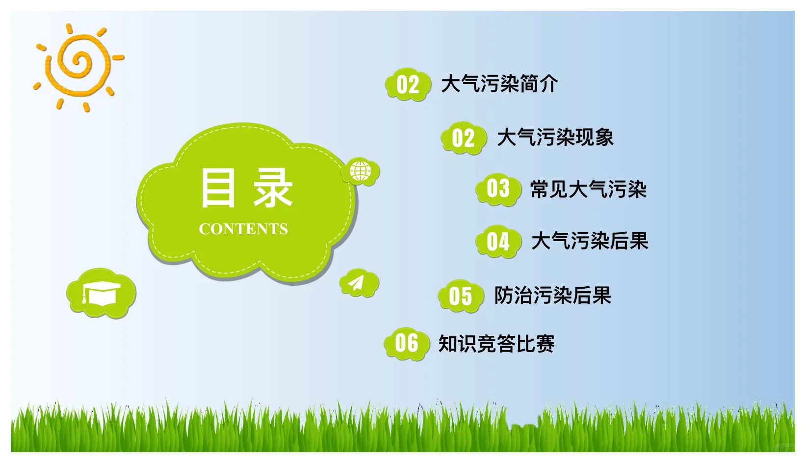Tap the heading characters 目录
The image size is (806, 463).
(x=246, y=188)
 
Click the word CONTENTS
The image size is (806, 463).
(x=243, y=229)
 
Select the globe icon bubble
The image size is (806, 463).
(x=361, y=172)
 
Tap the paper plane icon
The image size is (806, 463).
(x=359, y=283)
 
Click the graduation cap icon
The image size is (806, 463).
(x=101, y=293)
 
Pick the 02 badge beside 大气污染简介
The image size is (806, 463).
(x=408, y=84)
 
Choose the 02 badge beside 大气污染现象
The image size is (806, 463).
(x=464, y=138)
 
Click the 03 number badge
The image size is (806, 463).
(x=498, y=189)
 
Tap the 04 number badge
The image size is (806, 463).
(x=498, y=242)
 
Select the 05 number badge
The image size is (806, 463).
(x=460, y=296)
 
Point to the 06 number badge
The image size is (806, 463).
(x=406, y=343)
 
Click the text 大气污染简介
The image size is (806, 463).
(x=499, y=84)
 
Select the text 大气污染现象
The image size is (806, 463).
(x=555, y=137)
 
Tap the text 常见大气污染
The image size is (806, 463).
(x=588, y=190)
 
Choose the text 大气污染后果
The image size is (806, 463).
(x=590, y=241)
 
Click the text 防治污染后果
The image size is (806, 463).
(x=552, y=295)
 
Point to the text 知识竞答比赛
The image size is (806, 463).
(x=496, y=344)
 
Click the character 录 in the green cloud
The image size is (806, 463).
(x=273, y=188)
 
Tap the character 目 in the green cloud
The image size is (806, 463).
(x=218, y=188)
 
